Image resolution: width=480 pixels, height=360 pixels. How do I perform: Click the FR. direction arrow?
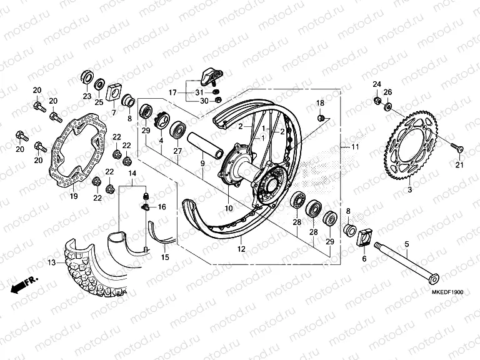point(24,284)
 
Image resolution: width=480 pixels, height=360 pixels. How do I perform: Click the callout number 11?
point(356,147)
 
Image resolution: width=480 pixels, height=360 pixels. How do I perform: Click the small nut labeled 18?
point(321,117)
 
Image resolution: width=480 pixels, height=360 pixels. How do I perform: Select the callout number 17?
point(173,92)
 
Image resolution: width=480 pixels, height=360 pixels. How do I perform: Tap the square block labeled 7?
point(114,91)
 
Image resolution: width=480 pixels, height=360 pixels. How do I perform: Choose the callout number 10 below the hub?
point(229,207)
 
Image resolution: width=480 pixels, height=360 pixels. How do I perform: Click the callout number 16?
point(161,206)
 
